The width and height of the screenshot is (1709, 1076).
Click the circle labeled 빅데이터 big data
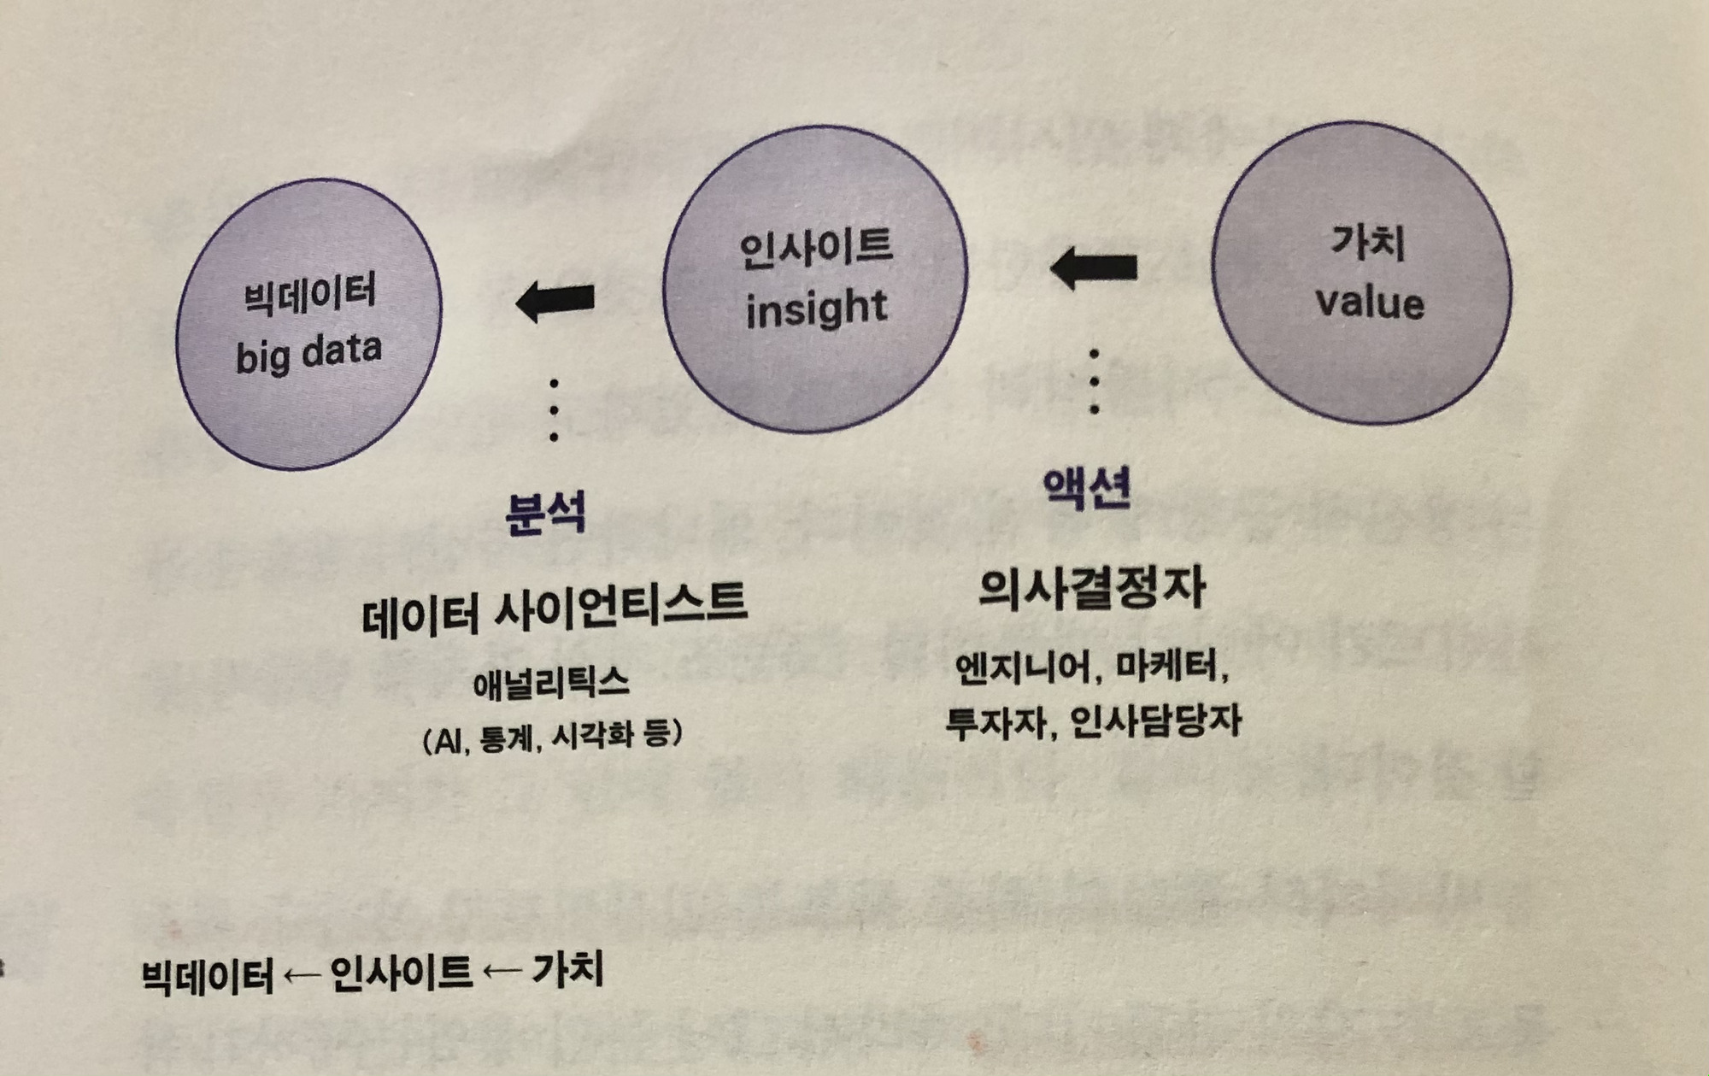click(308, 324)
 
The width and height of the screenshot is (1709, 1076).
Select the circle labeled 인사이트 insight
click(815, 279)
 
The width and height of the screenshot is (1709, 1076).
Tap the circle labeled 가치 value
click(1361, 273)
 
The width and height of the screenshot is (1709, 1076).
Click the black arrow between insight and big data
click(555, 300)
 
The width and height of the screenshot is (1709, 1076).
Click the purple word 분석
click(545, 514)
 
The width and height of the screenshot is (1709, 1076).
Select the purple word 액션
click(1087, 489)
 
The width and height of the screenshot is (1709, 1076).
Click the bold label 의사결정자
click(1091, 588)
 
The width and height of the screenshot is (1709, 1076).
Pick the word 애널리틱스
click(551, 684)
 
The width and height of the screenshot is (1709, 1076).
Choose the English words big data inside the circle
click(308, 354)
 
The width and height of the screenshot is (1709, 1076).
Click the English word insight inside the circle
click(816, 308)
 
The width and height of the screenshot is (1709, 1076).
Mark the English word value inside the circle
click(1369, 303)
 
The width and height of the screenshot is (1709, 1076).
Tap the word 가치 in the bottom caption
click(567, 970)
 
